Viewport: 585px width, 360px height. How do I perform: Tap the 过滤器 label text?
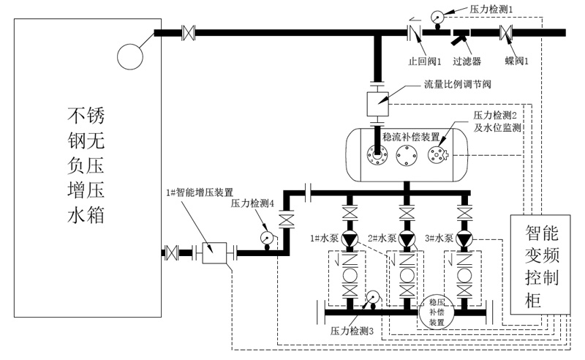click(466, 52)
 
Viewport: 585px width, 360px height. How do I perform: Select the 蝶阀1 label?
click(516, 52)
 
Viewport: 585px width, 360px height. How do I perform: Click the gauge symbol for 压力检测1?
click(437, 15)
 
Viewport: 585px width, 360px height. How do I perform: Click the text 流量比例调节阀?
click(457, 84)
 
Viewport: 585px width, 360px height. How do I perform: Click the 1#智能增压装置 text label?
click(196, 192)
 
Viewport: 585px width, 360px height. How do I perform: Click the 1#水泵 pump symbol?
click(348, 240)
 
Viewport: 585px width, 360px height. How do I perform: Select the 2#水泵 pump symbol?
click(406, 240)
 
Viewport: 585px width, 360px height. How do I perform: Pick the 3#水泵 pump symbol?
click(463, 240)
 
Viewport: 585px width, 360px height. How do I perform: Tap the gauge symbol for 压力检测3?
click(371, 297)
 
